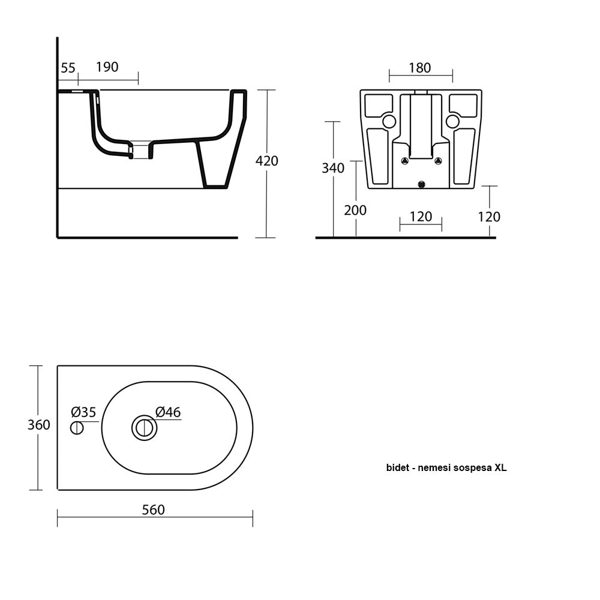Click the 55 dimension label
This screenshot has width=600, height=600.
pos(68,68)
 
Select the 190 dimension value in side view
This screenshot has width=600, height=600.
pos(107,67)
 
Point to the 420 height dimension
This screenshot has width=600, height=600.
pos(267,161)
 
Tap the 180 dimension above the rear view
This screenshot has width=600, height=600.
pos(419,68)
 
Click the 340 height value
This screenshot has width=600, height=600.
pos(333,168)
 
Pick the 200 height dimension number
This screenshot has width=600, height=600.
pos(355,210)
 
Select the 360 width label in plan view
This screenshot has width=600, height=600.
pos(39,425)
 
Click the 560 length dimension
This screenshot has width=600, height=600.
pos(153,510)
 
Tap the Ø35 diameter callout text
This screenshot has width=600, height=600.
pos(83,412)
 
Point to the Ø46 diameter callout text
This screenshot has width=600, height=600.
pos(168,412)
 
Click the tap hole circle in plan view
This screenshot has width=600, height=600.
pos(77,428)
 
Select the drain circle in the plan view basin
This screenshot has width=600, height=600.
pos(144,428)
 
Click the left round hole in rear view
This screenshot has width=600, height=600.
pos(389,122)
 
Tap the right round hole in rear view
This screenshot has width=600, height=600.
pos(452,122)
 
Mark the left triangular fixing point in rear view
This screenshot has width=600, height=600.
pos(404,161)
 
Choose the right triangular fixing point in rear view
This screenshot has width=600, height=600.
pos(438,161)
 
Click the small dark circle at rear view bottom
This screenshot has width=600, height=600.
pos(421,184)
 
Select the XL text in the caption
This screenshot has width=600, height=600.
pos(500,468)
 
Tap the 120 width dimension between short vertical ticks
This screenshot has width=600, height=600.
pos(421,217)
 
